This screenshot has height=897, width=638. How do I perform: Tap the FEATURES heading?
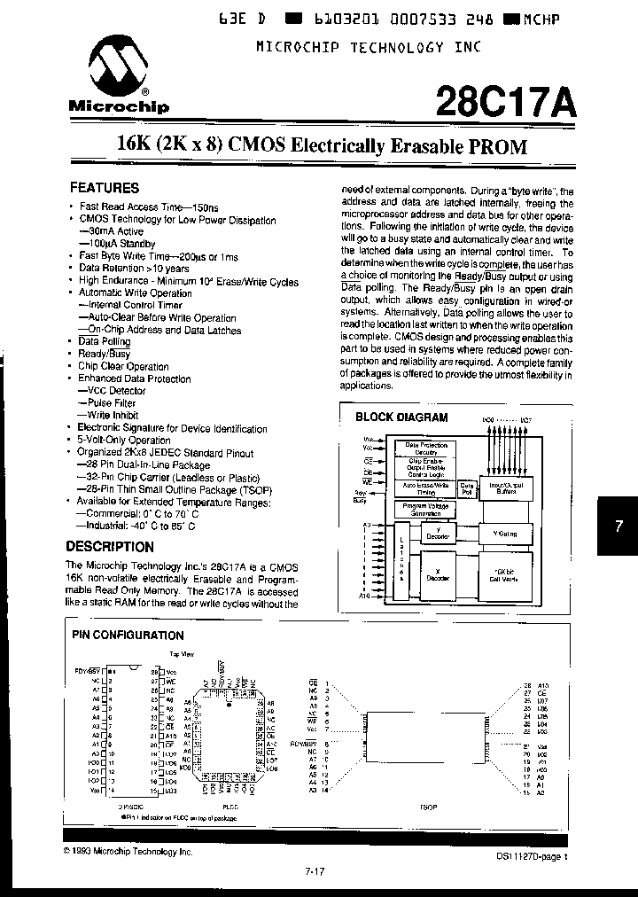point(105,188)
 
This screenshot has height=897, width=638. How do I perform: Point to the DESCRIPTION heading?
point(111,547)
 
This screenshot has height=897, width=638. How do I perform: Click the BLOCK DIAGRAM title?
point(401,417)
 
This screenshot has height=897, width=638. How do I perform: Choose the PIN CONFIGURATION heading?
point(127,635)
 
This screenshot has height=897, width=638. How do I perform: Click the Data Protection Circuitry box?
point(426,448)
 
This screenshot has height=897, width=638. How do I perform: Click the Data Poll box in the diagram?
point(467,489)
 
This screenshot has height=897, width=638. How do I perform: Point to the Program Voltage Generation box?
point(426,510)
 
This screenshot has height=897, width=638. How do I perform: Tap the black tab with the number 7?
point(619,526)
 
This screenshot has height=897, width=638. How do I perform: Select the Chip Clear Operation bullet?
point(123,366)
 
